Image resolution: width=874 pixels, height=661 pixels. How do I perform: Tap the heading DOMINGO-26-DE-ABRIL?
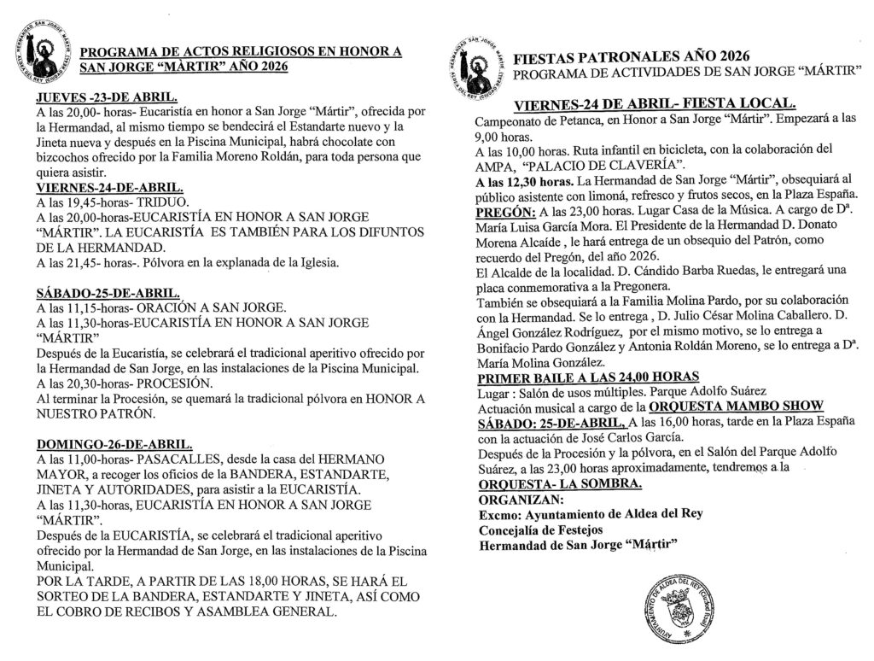[x=114, y=445]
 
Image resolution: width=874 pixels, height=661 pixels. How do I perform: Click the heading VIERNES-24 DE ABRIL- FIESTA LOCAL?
[x=654, y=105]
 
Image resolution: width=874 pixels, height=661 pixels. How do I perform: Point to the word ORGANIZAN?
[x=521, y=499]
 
